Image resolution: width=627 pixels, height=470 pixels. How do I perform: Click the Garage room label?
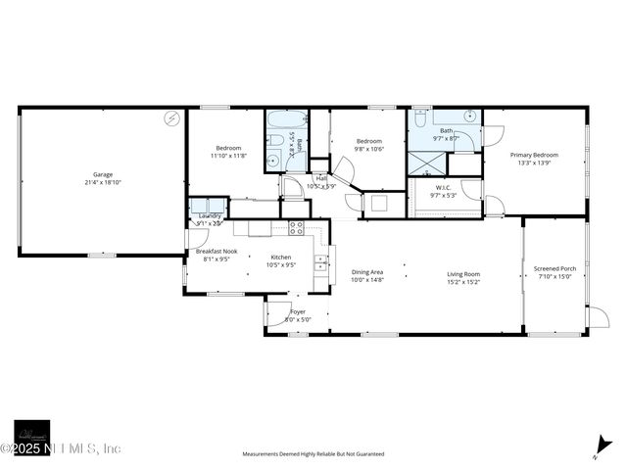103,174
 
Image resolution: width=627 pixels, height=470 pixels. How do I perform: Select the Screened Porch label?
555,268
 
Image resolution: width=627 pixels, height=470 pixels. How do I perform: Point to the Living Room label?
463,273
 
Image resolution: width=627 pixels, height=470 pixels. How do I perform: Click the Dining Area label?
367,273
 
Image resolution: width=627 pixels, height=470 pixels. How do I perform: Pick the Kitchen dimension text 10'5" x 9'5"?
282,264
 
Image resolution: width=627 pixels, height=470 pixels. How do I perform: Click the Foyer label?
298,311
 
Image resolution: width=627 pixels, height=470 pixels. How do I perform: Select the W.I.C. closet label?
443,189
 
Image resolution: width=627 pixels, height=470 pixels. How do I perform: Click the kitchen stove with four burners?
296,228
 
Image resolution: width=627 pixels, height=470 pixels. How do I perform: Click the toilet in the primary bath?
419,119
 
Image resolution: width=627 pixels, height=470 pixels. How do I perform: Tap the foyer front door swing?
273,312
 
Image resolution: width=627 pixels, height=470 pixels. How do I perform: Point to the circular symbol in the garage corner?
172,117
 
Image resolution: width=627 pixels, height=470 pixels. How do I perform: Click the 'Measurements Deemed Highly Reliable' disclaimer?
313,454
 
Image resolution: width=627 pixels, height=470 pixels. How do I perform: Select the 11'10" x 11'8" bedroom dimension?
228,155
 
